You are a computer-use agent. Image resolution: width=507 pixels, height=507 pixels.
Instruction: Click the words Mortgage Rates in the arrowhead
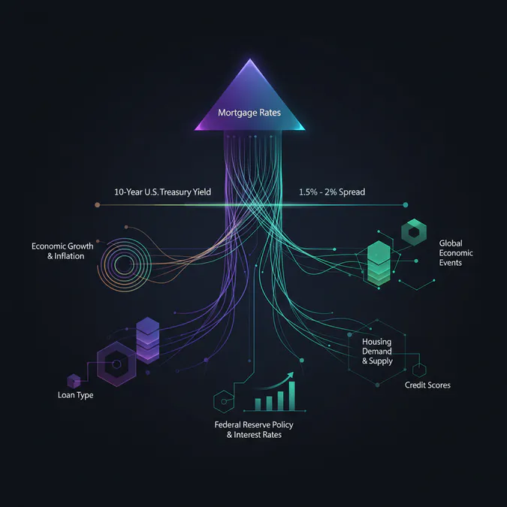[x=249, y=113]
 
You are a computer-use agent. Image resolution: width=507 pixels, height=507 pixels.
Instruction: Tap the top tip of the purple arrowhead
[x=250, y=60]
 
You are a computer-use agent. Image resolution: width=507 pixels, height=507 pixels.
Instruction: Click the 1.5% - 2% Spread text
[x=331, y=192]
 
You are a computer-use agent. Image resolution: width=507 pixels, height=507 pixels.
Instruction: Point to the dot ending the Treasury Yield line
[x=96, y=204]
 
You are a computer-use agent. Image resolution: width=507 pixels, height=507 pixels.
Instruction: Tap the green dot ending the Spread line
[x=406, y=204]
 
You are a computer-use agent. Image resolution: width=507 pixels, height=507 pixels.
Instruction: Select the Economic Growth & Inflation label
[x=57, y=251]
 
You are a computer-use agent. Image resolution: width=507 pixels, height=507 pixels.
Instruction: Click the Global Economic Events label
[x=456, y=253]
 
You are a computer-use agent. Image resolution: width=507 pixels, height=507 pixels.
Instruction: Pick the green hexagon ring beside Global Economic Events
[x=412, y=232]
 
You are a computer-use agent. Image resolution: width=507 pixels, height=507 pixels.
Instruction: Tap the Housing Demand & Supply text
[x=377, y=351]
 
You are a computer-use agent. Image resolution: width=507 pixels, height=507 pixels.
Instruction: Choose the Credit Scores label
[x=427, y=385]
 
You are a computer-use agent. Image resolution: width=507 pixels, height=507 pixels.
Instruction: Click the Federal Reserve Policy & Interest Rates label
[x=254, y=430]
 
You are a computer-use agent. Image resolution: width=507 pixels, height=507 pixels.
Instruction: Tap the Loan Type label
[x=75, y=395]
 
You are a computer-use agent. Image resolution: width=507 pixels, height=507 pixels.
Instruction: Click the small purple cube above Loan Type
[x=74, y=380]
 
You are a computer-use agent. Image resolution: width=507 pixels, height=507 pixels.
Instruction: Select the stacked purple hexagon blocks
[x=148, y=337]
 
